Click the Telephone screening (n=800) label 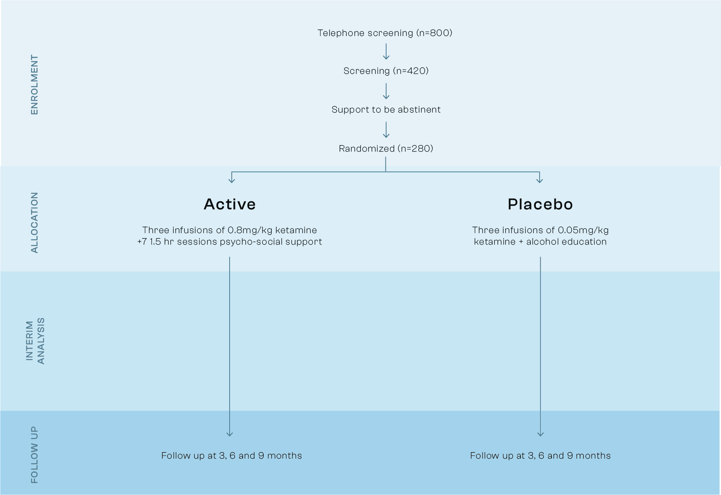(x=385, y=33)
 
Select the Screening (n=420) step (x=386, y=71)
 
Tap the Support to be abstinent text (x=386, y=109)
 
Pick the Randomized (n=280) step (x=386, y=149)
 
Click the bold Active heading (x=230, y=204)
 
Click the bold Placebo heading (x=540, y=204)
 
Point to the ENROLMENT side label (x=34, y=85)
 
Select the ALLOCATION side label (x=34, y=222)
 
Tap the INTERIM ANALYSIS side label (x=35, y=341)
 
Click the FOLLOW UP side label (x=34, y=455)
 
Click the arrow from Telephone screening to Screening (x=386, y=52)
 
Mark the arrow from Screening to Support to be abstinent (x=386, y=91)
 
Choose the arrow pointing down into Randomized (x=386, y=130)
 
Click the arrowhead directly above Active (x=232, y=179)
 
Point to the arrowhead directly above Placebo (x=540, y=179)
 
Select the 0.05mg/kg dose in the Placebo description (x=583, y=230)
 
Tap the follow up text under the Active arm (x=232, y=456)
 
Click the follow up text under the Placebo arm (x=540, y=456)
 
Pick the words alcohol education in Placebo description (x=566, y=242)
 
